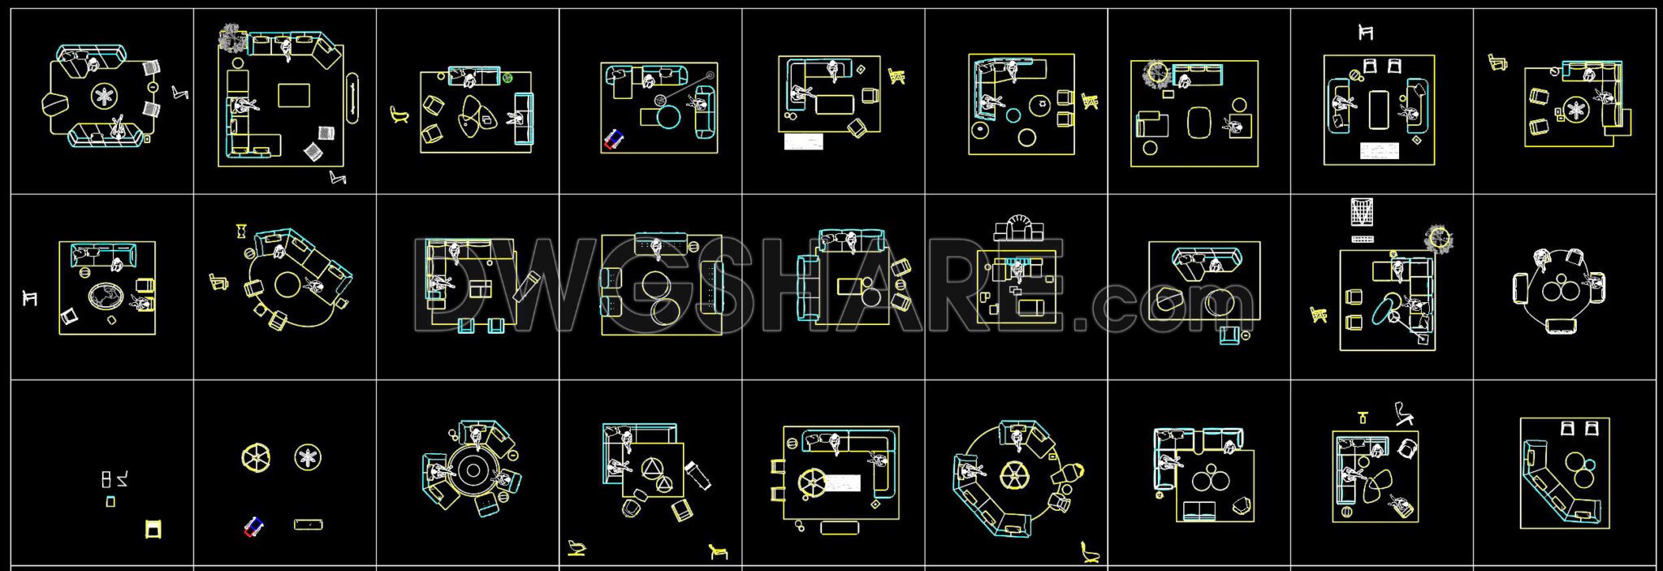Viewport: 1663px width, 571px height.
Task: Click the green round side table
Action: pos(508,78)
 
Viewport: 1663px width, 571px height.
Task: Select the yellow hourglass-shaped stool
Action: pos(241,231)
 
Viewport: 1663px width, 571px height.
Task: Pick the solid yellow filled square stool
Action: pos(153,530)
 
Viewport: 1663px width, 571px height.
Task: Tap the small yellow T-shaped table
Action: pos(1363,417)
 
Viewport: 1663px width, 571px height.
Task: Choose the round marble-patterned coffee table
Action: pos(104,296)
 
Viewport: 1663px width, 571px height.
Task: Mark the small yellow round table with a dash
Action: pos(153,87)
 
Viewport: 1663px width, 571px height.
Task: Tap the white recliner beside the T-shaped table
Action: pos(1403,413)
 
